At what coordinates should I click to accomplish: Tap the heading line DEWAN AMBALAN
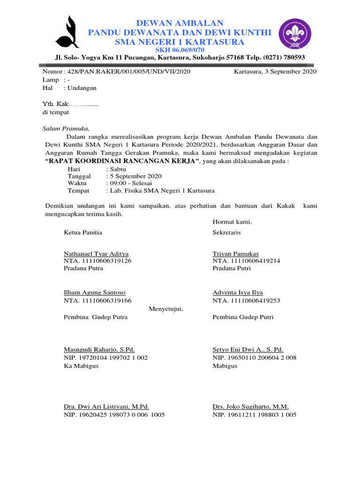pos(180,23)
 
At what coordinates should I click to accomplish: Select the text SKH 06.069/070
pos(180,50)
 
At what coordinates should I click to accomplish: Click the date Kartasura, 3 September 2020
pos(275,72)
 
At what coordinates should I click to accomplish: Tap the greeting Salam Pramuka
pos(66,128)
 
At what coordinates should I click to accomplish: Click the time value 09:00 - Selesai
pos(129,183)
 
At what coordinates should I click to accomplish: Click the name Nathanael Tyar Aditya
pos(96,254)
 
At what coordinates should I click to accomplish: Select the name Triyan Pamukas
pos(235,254)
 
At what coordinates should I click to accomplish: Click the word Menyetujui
pos(166,309)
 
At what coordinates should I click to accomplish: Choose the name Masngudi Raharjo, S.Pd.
pos(99,350)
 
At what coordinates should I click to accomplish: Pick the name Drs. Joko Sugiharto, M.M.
pos(251,407)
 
